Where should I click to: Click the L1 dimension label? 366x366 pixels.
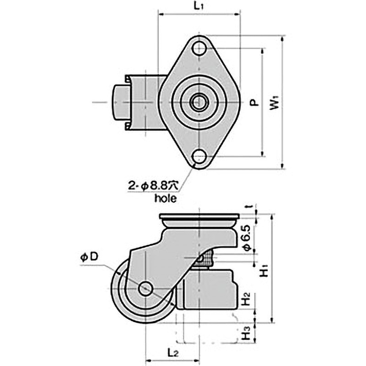[198, 6]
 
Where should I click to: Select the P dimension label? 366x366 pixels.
[254, 103]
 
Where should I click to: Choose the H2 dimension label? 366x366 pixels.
[246, 300]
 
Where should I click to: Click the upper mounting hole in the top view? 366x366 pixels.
[199, 48]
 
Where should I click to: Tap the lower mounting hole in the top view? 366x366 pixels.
[199, 157]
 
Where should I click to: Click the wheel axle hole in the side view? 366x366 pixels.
[146, 289]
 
